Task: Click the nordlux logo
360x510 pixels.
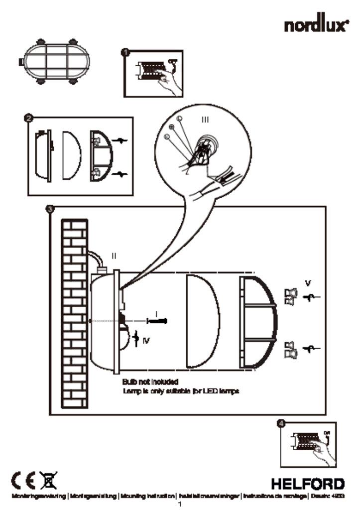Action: click(316, 25)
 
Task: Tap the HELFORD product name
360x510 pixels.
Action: click(307, 484)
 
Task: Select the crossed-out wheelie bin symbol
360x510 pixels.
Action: click(50, 481)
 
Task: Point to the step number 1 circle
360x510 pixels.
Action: click(125, 51)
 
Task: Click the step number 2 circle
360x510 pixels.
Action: click(29, 118)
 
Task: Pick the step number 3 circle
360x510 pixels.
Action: click(50, 209)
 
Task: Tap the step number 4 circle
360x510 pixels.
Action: click(282, 423)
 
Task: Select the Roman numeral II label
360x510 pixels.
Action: click(114, 256)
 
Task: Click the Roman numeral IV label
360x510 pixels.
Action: click(145, 341)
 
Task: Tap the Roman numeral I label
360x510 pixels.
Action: click(156, 313)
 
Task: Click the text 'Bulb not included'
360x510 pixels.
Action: click(150, 382)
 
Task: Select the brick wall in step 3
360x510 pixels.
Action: click(74, 314)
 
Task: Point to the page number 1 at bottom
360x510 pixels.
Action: click(180, 504)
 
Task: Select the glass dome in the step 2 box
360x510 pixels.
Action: click(70, 155)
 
